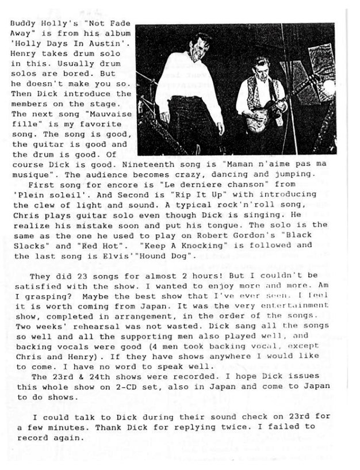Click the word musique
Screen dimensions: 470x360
[x=30, y=173]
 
